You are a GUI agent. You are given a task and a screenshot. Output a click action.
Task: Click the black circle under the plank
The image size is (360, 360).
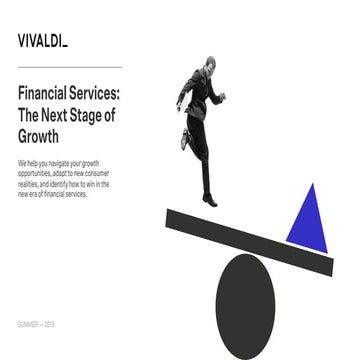click(x=246, y=300)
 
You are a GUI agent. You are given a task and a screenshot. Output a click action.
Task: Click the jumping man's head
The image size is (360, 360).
click(x=207, y=66)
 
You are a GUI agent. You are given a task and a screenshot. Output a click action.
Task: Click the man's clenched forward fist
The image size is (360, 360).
click(x=222, y=97)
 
